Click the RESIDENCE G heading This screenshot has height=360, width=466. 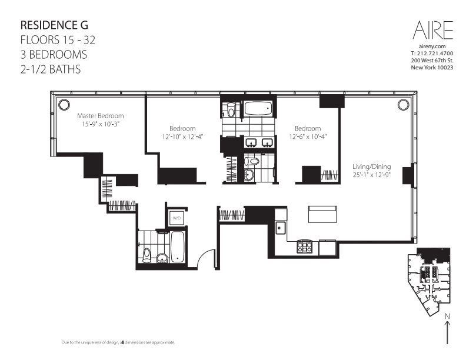[54, 25]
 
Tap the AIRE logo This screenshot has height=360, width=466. [432, 30]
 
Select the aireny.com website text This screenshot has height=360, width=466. [432, 46]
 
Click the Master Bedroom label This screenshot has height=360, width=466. [101, 115]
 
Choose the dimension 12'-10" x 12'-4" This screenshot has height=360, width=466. [182, 136]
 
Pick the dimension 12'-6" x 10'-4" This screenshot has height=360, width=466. [308, 136]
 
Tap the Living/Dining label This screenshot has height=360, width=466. [371, 166]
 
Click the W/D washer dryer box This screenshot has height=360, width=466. [177, 218]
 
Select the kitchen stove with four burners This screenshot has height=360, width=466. [305, 246]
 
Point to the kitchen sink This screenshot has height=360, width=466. [280, 228]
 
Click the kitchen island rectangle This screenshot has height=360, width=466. [322, 214]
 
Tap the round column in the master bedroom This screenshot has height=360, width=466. [64, 105]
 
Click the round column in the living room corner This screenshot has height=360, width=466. [403, 105]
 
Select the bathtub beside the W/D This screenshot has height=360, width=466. [178, 247]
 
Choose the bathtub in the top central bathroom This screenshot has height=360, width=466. [258, 109]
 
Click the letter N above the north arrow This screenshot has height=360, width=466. [447, 316]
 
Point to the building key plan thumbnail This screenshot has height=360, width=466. [429, 282]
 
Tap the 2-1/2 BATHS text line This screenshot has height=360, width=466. [51, 69]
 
